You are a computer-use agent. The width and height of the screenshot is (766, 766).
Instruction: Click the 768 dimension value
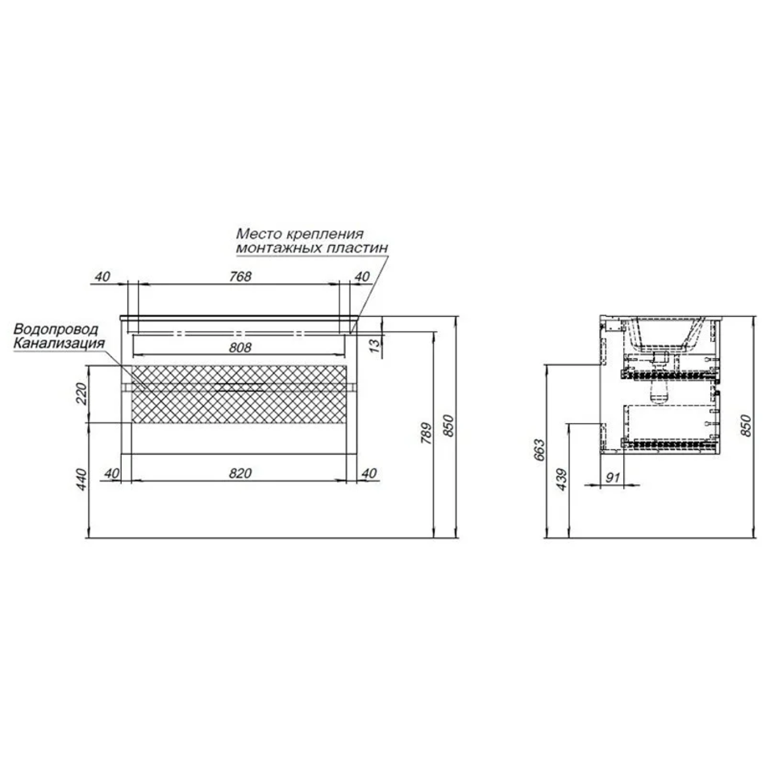coord(240,277)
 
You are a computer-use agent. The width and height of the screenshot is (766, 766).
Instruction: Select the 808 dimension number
coord(239,348)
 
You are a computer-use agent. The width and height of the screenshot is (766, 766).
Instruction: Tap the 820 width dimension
coord(239,473)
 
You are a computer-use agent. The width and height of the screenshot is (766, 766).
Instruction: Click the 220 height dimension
coord(81,393)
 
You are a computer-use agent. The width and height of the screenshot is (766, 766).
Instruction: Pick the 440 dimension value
coord(81,480)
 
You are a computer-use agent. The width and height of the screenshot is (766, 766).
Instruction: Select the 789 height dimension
coord(427,433)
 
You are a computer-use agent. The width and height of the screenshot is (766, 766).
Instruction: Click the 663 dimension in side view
coord(539,450)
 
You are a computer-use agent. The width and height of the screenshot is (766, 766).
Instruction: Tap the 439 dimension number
coord(562,480)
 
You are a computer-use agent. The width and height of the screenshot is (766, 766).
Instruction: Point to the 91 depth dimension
coord(613,477)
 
